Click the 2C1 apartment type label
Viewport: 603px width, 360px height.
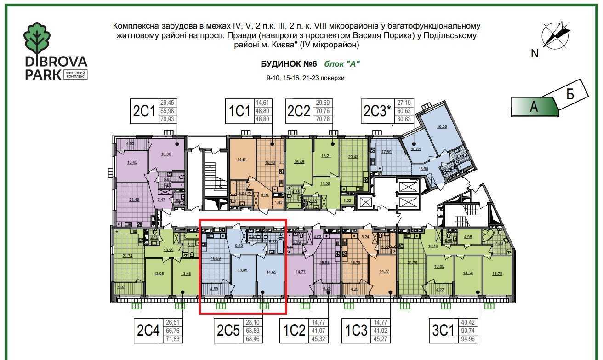coord(145,112)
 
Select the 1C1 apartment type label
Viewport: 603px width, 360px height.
coord(239,112)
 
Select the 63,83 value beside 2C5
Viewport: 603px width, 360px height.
coord(252,331)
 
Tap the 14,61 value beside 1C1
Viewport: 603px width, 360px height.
coord(262,103)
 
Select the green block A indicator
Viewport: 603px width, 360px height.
coord(535,106)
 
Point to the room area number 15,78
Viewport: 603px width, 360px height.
coord(497,274)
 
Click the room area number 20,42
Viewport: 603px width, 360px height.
coord(353,157)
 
